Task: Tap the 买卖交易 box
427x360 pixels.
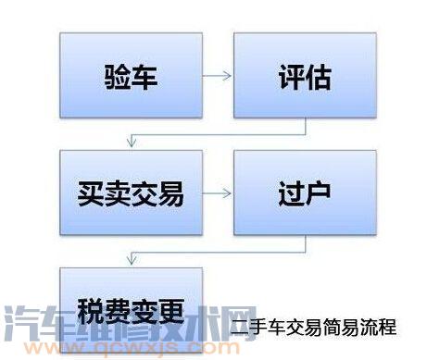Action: point(131,194)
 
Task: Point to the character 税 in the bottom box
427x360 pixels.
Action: point(91,308)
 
